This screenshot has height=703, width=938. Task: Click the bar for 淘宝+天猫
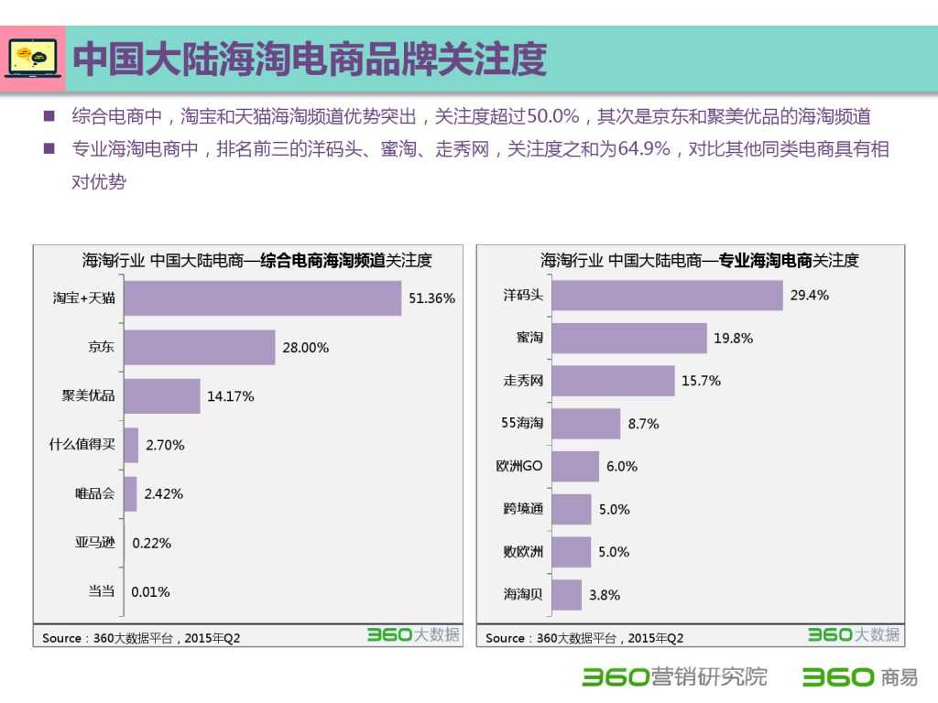click(x=263, y=298)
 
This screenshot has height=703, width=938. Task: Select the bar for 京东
click(x=200, y=347)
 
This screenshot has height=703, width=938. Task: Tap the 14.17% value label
click(x=231, y=396)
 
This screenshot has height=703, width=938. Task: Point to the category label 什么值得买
click(x=82, y=445)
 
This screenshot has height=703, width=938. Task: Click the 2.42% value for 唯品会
click(x=164, y=493)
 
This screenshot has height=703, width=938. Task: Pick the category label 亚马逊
click(x=95, y=542)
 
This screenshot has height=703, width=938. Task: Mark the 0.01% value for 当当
click(x=150, y=591)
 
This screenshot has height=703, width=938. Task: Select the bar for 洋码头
click(x=667, y=295)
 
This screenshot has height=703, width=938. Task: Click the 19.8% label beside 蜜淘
click(x=733, y=338)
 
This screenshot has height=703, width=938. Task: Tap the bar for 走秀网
click(x=613, y=381)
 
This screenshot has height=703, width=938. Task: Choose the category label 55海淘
click(x=522, y=423)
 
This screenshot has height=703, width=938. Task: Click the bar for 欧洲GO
click(x=575, y=466)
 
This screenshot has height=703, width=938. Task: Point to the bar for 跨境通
click(x=572, y=509)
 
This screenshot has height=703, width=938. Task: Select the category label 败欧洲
click(x=523, y=552)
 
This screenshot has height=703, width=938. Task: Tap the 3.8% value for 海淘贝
click(x=605, y=594)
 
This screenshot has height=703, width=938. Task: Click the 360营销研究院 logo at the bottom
click(x=675, y=677)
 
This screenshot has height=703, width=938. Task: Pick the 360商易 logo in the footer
click(x=859, y=677)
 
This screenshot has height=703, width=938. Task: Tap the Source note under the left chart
click(x=141, y=638)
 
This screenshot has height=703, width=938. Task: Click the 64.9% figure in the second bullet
click(x=644, y=149)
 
